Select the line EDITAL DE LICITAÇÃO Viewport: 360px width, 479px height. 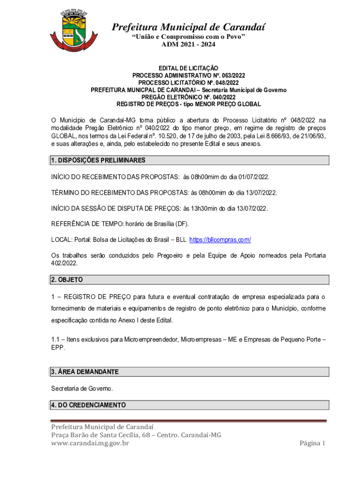click(188, 68)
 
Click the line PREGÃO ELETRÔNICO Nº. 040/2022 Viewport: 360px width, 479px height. click(188, 97)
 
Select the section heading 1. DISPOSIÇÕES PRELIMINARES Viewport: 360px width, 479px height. click(98, 160)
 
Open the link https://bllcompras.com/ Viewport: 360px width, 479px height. click(220, 240)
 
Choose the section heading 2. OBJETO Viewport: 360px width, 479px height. click(66, 280)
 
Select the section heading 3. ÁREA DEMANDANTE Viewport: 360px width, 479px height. click(85, 372)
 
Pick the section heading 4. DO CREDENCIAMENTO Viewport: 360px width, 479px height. click(88, 405)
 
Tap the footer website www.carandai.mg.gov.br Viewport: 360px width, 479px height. click(90, 443)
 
